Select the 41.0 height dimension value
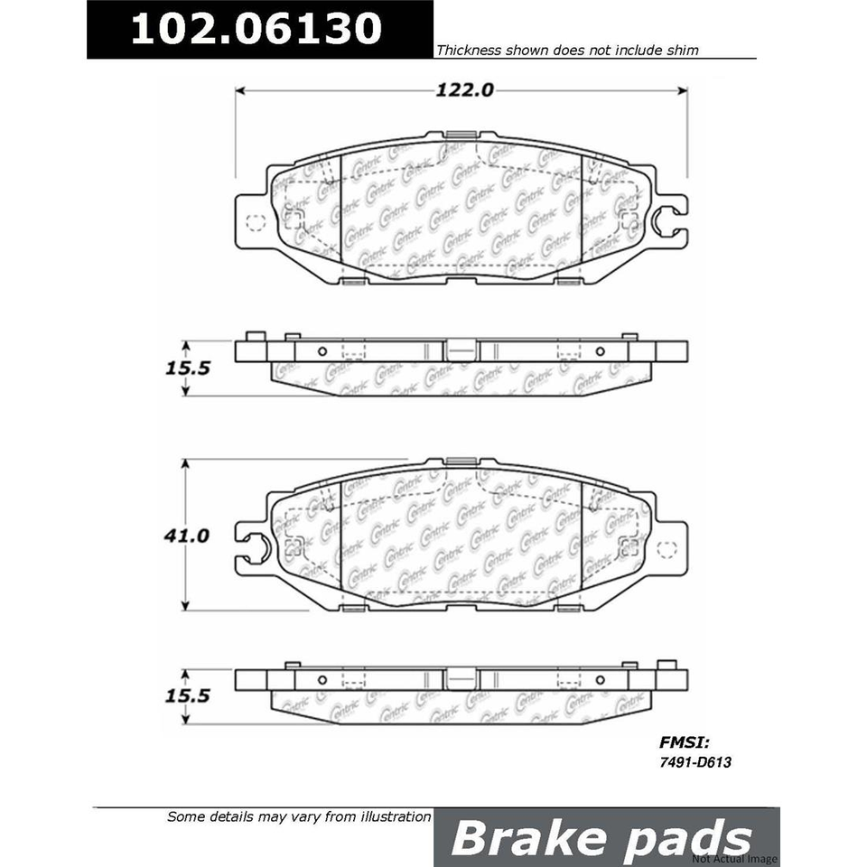pos(186,536)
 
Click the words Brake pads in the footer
pos(601,837)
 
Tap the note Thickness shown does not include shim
pos(567,51)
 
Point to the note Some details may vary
pos(299,816)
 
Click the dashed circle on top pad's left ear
pos(254,222)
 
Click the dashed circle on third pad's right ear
pos(667,548)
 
